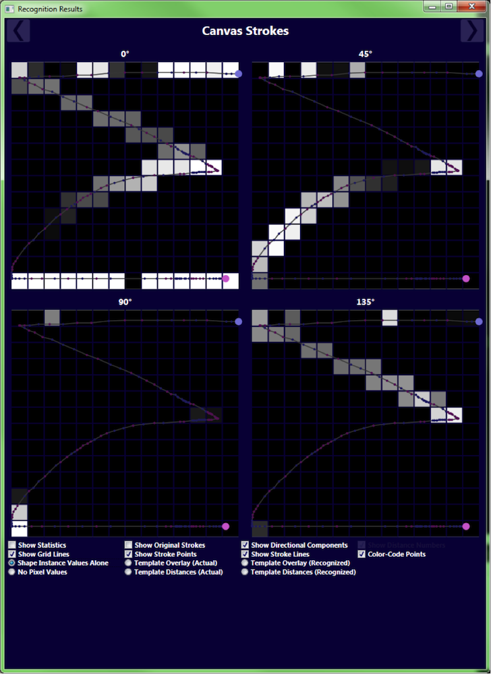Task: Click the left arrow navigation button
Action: point(18,31)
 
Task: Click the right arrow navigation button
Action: point(471,31)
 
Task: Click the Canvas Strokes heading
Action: point(246,31)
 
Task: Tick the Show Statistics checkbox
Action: point(12,545)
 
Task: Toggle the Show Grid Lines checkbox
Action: point(12,554)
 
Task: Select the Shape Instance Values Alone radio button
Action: point(12,563)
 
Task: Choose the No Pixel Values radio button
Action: point(12,572)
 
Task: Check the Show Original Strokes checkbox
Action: point(129,545)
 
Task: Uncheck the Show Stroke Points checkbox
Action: point(129,554)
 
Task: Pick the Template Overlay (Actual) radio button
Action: point(129,563)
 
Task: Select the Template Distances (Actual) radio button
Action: point(129,572)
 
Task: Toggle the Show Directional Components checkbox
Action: point(246,545)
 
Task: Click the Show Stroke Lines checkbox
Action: point(246,554)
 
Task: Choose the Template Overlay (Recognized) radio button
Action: point(246,563)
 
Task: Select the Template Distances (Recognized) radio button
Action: point(246,572)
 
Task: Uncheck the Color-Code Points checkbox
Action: point(362,554)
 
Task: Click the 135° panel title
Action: point(365,303)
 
